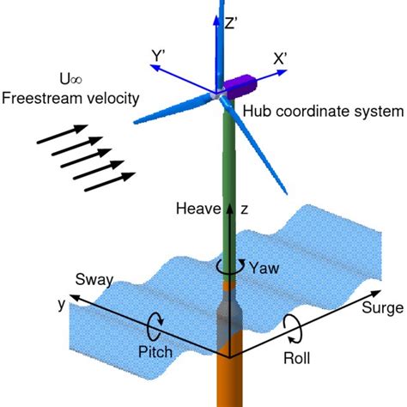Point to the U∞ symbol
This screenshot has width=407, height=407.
tap(70, 79)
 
